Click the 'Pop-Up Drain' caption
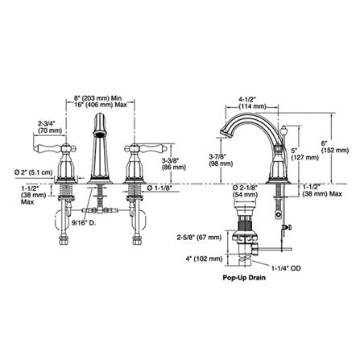pos(244,277)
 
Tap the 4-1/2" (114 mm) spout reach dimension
pos(252,102)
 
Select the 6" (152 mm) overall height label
pos(335,147)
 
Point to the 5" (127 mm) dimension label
pos(305,154)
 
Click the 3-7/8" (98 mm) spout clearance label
pos(221,159)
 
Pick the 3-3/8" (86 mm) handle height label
pos(174,164)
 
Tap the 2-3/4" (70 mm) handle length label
pos(50,127)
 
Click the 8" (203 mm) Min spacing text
pos(97,98)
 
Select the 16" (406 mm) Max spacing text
pos(100,105)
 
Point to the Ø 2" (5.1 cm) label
pos(33,172)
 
